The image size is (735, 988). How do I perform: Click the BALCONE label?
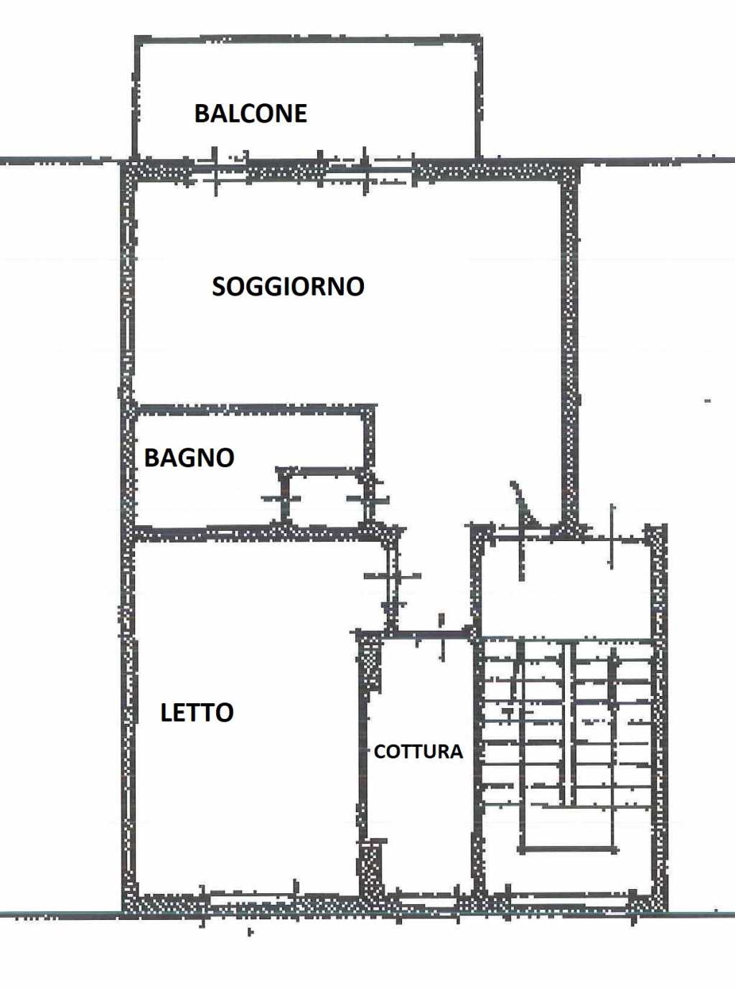(x=251, y=113)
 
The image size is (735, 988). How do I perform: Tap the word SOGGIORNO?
(x=288, y=286)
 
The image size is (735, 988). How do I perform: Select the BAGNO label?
(x=189, y=458)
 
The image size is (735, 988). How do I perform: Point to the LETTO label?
(x=197, y=712)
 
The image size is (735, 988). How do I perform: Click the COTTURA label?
(x=418, y=752)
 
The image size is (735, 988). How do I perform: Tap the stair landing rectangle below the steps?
(x=569, y=828)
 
